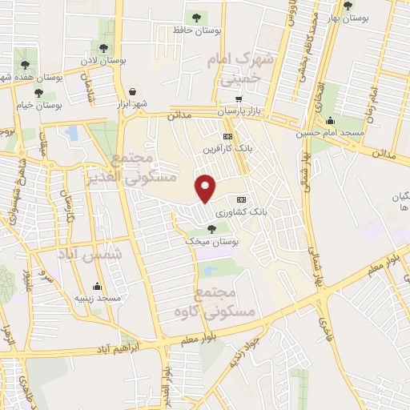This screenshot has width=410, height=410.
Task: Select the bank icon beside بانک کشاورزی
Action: pyautogui.click(x=241, y=199)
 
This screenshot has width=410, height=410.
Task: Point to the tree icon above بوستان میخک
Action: pyautogui.click(x=211, y=229)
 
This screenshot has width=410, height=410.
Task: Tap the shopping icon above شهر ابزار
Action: pyautogui.click(x=132, y=91)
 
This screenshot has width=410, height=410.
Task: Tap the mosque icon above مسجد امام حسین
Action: pyautogui.click(x=330, y=121)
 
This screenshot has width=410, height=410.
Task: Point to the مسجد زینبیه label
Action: pyautogui.click(x=98, y=298)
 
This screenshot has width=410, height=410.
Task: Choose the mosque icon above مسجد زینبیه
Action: pyautogui.click(x=98, y=286)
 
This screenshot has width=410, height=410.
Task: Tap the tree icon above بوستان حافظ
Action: pyautogui.click(x=195, y=16)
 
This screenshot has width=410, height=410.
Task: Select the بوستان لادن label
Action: pyautogui.click(x=104, y=61)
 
